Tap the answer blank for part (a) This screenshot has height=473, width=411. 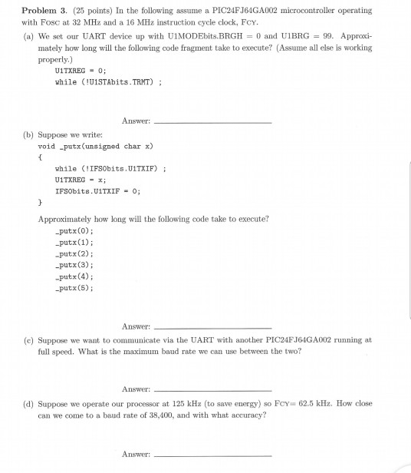(x=212, y=121)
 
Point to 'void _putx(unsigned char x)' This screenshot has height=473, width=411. (x=96, y=145)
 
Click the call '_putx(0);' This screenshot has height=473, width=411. (x=74, y=230)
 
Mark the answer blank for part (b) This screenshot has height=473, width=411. (x=212, y=327)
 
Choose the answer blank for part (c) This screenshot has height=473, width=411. (x=212, y=389)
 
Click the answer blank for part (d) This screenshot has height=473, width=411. (x=212, y=455)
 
